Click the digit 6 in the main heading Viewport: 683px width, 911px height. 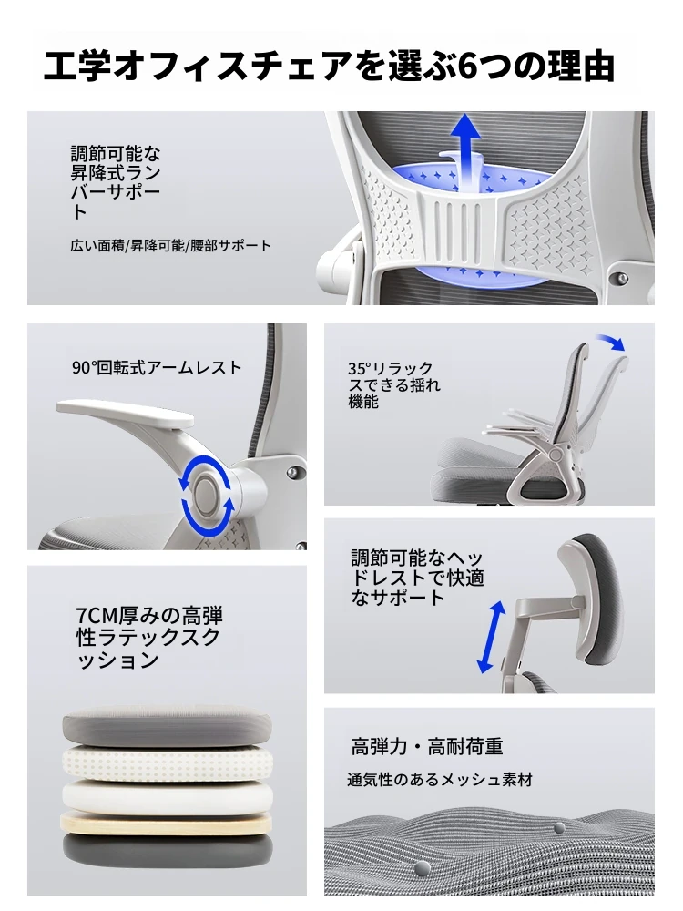tap(468, 67)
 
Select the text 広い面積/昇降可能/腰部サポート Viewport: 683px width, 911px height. tap(171, 246)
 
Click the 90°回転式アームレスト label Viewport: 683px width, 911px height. tap(157, 368)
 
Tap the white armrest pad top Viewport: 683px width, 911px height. tap(124, 412)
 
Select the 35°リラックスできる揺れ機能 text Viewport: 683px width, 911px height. tap(393, 384)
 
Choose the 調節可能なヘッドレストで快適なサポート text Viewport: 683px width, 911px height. tap(417, 578)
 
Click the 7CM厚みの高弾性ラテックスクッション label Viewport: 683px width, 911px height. tap(149, 638)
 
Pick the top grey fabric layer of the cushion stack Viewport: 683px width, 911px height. tap(167, 727)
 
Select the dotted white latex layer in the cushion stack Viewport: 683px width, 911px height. tap(167, 763)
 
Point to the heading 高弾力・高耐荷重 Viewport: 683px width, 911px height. tap(427, 747)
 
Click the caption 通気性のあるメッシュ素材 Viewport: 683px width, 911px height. tap(440, 780)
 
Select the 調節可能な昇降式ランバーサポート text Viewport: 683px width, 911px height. tap(115, 181)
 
